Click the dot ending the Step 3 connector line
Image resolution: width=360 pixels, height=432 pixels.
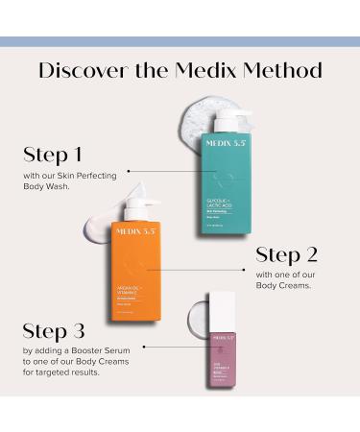click(x=142, y=348)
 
